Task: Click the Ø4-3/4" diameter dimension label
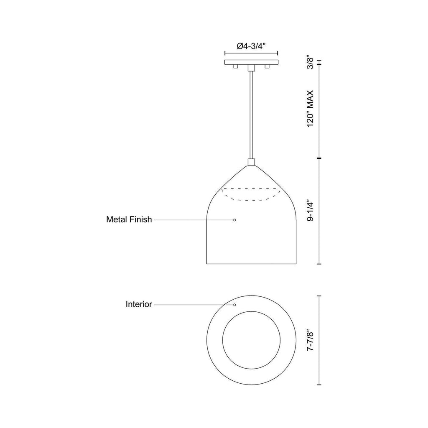[x=251, y=46]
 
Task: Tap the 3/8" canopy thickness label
[x=310, y=63]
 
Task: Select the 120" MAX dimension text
[x=310, y=108]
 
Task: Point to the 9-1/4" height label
[x=310, y=211]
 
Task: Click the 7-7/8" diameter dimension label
[x=310, y=340]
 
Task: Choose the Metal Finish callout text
[x=129, y=219]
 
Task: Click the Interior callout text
[x=139, y=304]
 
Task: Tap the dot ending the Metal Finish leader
[x=234, y=220]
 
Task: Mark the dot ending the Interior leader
[x=234, y=305]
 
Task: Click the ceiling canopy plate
[x=251, y=62]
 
